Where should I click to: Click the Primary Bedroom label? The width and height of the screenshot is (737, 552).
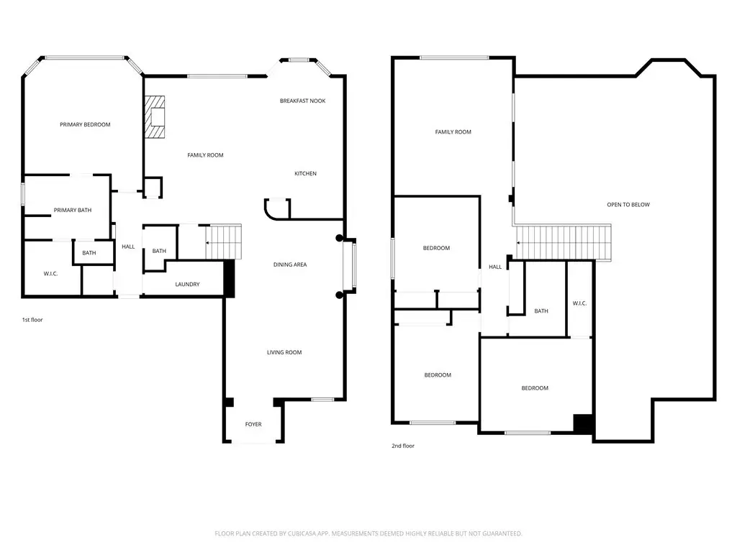[x=85, y=124]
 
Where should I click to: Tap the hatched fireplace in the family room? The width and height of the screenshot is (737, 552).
[x=155, y=117]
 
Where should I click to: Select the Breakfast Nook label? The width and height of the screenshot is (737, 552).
[x=303, y=101]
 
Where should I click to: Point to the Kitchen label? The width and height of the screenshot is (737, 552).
[x=305, y=173]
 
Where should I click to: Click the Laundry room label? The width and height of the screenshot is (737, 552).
[x=187, y=284]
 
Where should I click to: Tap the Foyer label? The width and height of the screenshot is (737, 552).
[x=253, y=424]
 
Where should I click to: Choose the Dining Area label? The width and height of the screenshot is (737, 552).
[x=290, y=264]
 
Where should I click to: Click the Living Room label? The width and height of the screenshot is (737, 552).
[x=284, y=352]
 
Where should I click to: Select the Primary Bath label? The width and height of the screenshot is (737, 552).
[x=73, y=210]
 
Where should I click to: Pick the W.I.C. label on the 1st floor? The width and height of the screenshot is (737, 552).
[x=51, y=273]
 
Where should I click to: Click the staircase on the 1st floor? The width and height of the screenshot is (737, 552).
[x=224, y=241]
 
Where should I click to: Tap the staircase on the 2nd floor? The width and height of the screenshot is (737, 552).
[x=564, y=242]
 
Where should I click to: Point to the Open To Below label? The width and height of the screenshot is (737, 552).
[x=628, y=204]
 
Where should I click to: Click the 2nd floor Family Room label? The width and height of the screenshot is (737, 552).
[x=453, y=132]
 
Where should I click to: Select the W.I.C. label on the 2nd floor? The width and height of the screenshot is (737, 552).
[x=579, y=303]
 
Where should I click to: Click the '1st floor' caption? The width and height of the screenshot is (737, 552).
[x=32, y=320]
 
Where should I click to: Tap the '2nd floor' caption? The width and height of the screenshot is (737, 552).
[x=403, y=446]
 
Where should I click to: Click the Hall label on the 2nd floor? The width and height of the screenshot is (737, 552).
[x=495, y=267]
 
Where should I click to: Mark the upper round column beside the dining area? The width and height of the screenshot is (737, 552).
[x=340, y=238]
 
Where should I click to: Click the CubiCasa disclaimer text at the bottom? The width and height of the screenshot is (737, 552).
[x=368, y=533]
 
